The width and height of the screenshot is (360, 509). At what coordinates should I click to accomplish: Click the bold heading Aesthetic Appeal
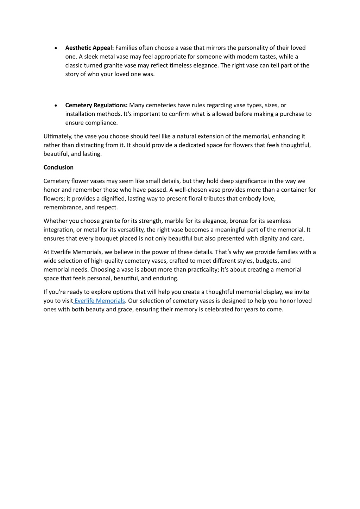tap(89, 48)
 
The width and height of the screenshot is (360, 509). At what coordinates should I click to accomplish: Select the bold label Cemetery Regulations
tap(96, 105)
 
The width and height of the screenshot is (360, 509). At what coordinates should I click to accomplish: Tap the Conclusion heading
tap(58, 167)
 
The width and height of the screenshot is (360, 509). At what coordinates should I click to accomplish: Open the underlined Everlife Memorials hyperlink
tap(100, 301)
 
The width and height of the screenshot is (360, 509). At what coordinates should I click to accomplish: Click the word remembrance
tap(62, 208)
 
